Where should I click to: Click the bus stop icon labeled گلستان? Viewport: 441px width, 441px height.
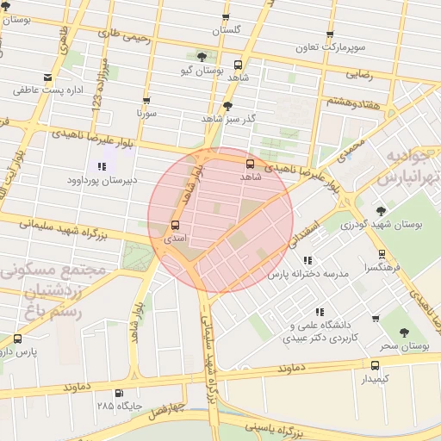click(x=226, y=17)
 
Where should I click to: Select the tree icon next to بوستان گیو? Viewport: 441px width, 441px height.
click(x=202, y=57)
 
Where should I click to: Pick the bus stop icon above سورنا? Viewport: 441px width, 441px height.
click(x=146, y=101)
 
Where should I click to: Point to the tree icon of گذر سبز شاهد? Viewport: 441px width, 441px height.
click(x=227, y=107)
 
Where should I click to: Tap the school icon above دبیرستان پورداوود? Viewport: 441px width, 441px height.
click(x=102, y=166)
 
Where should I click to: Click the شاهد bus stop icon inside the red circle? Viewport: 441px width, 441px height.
click(x=251, y=164)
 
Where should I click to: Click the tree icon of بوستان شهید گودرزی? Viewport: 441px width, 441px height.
click(x=381, y=211)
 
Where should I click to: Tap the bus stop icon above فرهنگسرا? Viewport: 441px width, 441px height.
click(x=382, y=255)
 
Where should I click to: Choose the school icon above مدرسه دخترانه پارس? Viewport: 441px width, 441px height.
click(x=307, y=260)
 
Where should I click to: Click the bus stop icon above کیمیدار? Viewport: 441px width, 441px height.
click(x=374, y=365)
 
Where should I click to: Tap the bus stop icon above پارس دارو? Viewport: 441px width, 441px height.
click(x=18, y=339)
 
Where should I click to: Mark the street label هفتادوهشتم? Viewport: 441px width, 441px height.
click(x=353, y=102)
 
